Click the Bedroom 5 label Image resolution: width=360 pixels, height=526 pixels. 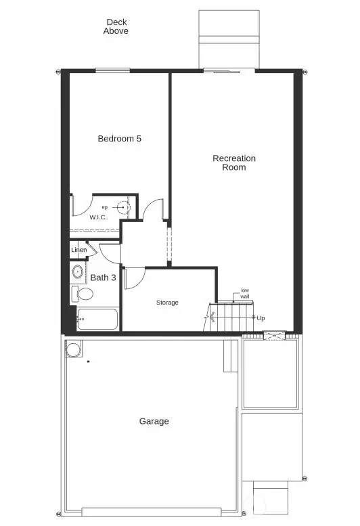(120, 139)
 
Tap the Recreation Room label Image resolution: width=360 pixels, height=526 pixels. (234, 162)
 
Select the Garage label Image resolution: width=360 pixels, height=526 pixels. (154, 421)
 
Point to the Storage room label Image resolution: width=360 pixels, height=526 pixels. (167, 303)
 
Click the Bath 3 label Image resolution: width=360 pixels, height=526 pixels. (104, 278)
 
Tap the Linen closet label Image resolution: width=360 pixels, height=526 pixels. (78, 250)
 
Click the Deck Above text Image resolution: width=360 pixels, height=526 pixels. (116, 26)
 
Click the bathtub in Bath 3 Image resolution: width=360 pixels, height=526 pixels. (97, 320)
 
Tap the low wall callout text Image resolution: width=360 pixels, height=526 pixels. (245, 293)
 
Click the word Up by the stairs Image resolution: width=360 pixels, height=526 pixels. (261, 317)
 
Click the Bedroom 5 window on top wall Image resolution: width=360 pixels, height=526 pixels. (112, 70)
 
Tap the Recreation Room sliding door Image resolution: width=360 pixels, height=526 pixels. (229, 70)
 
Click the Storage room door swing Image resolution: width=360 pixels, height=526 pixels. (133, 278)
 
